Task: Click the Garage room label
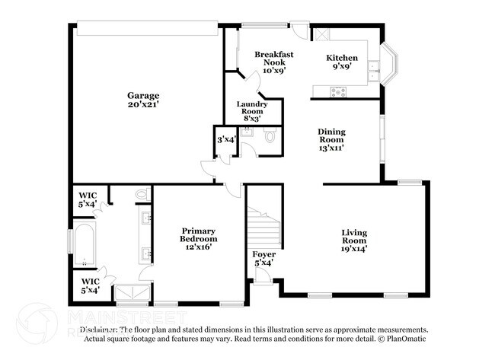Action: click(143, 99)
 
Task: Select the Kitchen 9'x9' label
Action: click(342, 62)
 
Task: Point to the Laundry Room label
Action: click(251, 111)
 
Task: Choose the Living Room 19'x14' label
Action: click(354, 240)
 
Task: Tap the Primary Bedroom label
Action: click(198, 238)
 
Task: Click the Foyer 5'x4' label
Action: click(263, 258)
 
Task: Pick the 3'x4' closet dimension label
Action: click(225, 140)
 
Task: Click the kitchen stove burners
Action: click(337, 92)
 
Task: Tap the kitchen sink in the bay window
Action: click(373, 70)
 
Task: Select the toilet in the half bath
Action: click(269, 138)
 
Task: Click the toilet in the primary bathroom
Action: click(142, 196)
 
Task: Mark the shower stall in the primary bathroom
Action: click(126, 294)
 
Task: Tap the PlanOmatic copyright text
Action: click(402, 338)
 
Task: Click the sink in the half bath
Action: click(245, 134)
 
